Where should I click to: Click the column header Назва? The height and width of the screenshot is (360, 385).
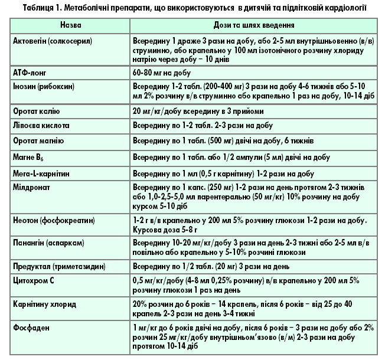pyautogui.click(x=70, y=27)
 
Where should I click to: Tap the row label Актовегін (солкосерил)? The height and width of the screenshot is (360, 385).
pyautogui.click(x=52, y=43)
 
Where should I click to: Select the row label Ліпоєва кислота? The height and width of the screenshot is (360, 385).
pyautogui.click(x=41, y=126)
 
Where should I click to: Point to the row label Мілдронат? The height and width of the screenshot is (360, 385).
pyautogui.click(x=32, y=187)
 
